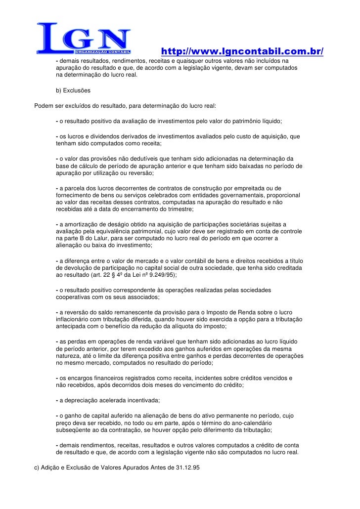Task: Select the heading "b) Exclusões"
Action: point(73,91)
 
